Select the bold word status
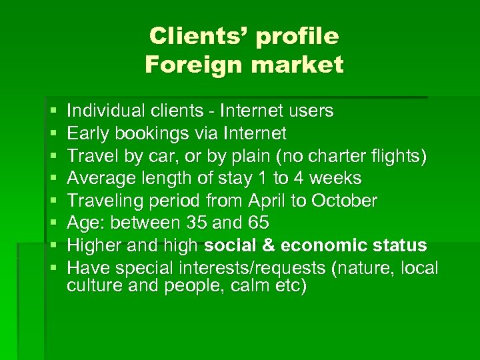400,246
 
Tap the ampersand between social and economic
268,246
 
